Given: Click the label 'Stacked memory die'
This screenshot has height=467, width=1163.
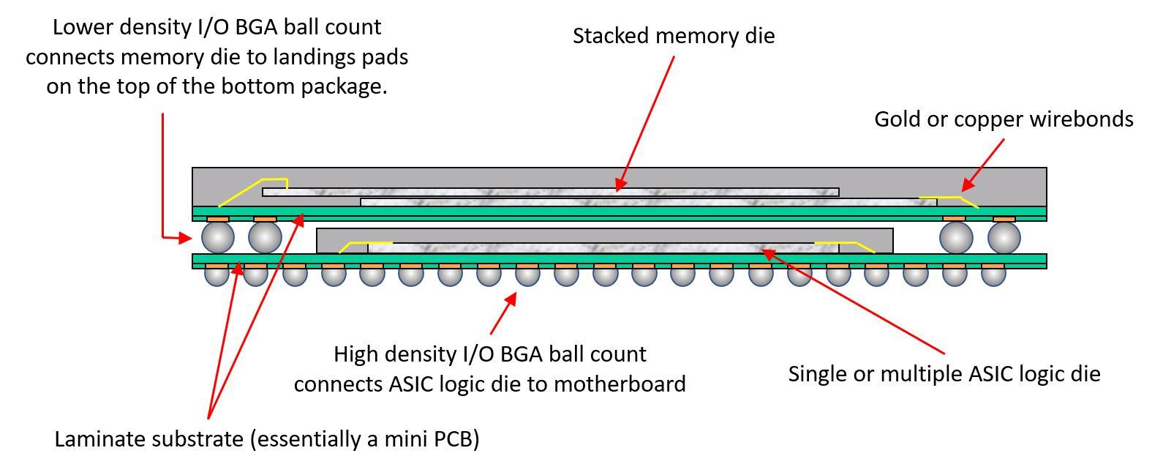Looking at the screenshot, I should [673, 36].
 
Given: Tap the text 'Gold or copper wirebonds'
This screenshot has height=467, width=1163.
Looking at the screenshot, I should [1004, 119].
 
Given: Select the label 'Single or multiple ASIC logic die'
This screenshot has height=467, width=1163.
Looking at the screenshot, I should [944, 374].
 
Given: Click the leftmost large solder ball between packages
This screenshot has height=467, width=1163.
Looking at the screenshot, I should [217, 237].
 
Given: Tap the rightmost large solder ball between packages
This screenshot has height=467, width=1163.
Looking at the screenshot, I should [1004, 237].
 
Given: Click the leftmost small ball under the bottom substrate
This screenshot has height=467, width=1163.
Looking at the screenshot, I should [217, 274].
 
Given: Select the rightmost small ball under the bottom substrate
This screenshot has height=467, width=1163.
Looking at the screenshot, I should [993, 274].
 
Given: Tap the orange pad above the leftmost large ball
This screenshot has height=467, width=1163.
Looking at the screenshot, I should [218, 219].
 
